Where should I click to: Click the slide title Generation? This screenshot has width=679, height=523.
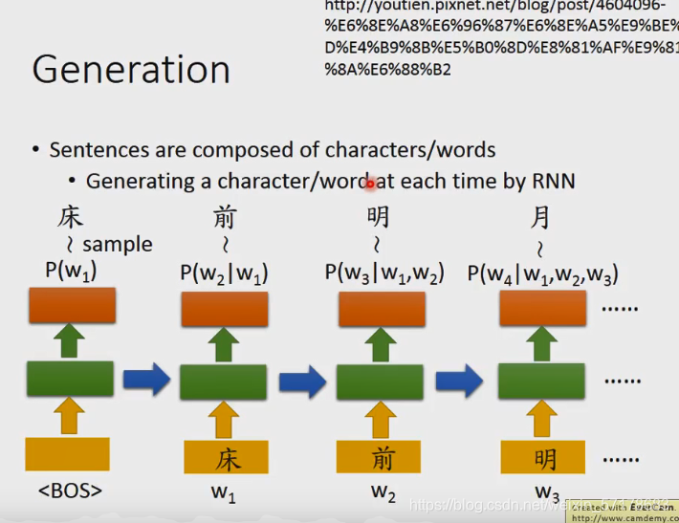click(x=131, y=70)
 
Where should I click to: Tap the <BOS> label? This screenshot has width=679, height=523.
click(x=70, y=492)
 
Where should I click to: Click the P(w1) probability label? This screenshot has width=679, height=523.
click(x=71, y=271)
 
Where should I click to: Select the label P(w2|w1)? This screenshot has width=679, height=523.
click(x=224, y=273)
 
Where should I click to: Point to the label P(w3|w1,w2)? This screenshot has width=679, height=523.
click(x=384, y=273)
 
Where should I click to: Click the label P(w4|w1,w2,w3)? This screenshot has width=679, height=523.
click(x=542, y=275)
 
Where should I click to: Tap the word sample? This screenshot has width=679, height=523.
click(x=117, y=245)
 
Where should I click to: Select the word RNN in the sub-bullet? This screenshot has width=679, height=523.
click(x=553, y=181)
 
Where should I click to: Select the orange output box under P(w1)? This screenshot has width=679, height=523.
click(x=71, y=305)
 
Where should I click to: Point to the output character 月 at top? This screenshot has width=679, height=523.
click(x=540, y=218)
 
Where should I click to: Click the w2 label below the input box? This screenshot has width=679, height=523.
click(x=383, y=494)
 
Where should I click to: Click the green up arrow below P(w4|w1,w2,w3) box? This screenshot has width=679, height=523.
click(x=542, y=343)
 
